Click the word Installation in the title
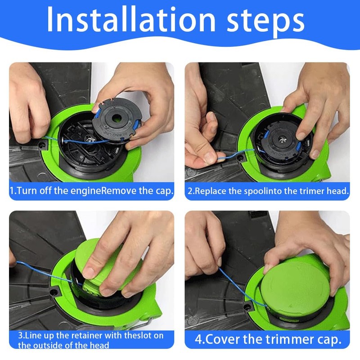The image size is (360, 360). click(131, 20)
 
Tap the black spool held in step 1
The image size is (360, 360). click(117, 121)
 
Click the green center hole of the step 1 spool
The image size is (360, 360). click(117, 118)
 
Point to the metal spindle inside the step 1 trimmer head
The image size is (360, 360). click(89, 139)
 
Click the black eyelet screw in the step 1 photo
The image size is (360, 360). click(42, 144)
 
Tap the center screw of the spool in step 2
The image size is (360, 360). click(282, 139)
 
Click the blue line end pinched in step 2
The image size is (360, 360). click(220, 158)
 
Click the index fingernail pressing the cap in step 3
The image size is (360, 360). click(89, 272)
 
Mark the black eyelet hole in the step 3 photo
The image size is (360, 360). click(54, 292)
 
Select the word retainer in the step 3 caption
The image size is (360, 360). click(87, 335)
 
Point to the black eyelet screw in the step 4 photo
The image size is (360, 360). click(247, 306)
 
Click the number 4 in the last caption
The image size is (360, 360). click(198, 339)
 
